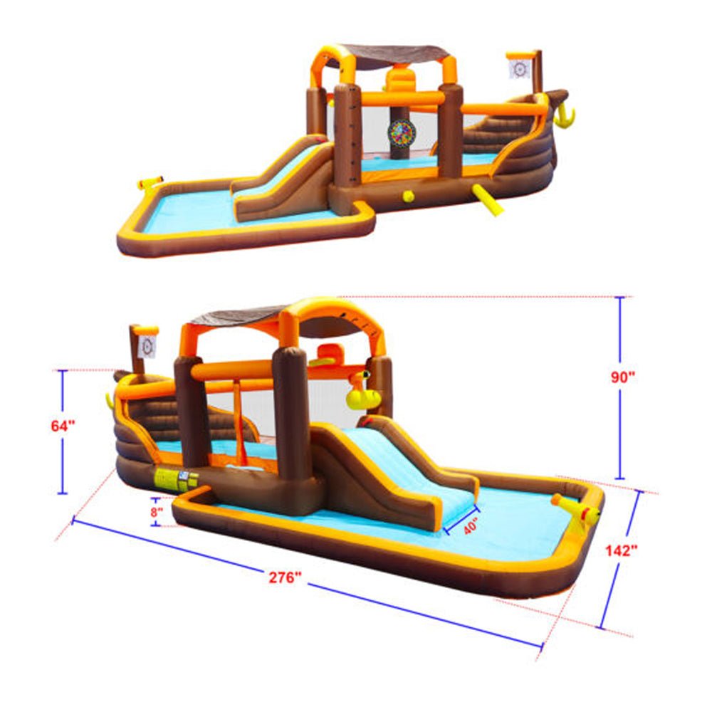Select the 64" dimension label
tap(63, 426)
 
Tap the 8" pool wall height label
tap(157, 511)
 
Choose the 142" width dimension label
tap(620, 550)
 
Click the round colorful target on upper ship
tap(402, 132)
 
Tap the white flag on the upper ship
tap(520, 69)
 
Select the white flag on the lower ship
tap(147, 346)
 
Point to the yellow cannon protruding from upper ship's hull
tap(487, 200)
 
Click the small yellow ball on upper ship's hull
tap(408, 197)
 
